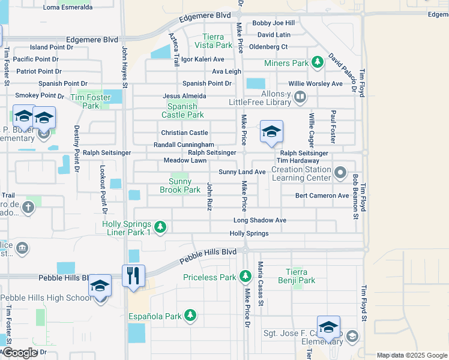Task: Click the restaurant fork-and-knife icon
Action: coord(133,275)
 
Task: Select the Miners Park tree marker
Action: coord(315,63)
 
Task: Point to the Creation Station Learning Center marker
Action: coord(340,173)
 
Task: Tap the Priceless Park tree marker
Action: coord(245,277)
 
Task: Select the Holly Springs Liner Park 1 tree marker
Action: coord(160,227)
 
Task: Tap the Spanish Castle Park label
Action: coord(182,110)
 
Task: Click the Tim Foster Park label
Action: coord(90,101)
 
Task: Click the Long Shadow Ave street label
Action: coord(259,220)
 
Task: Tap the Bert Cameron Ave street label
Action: coord(322,196)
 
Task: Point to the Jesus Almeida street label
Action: coord(184,96)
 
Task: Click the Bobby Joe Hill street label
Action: coord(273,23)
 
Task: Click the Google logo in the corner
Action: coord(20,353)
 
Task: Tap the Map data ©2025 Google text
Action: coord(411,355)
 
